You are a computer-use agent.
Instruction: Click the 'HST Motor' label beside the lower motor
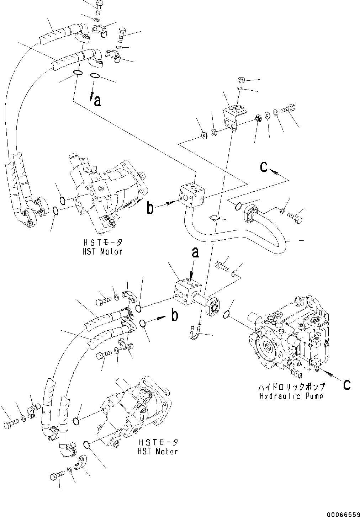coord(158,452)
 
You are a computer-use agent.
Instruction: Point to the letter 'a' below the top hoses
coord(97,101)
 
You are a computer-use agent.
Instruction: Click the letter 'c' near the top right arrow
coord(263,167)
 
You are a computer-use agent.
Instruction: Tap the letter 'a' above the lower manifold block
coord(195,252)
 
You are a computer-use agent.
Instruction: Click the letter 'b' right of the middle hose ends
coord(175,315)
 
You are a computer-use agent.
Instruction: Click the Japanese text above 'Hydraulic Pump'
coord(292,387)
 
